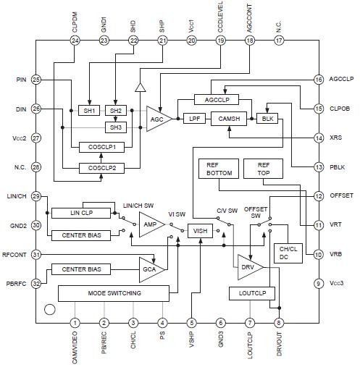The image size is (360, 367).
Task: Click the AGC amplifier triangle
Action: coord(157,119)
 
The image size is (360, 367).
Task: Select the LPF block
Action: coord(194,118)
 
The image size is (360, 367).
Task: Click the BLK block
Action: coord(267,118)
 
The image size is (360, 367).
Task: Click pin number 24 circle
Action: coord(75,41)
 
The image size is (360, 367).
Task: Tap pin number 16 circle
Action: coord(319,80)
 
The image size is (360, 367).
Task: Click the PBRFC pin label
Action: coord(15,283)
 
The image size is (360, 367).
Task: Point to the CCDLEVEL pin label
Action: coord(220,16)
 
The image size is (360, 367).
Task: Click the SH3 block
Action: coord(115,127)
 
